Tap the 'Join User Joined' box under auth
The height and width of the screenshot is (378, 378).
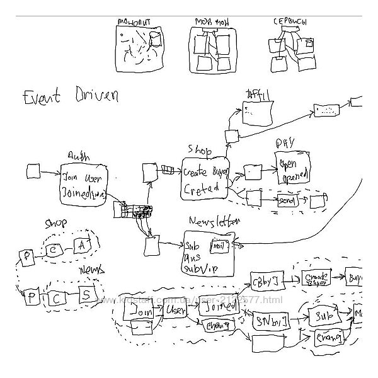(x=84, y=184)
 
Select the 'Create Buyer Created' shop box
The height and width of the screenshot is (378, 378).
(x=205, y=179)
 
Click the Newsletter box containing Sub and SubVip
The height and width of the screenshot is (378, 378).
(x=208, y=249)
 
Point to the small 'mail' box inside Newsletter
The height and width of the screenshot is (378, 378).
(x=219, y=246)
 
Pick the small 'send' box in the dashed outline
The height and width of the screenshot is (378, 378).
(x=287, y=200)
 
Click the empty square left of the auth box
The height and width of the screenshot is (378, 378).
(x=34, y=170)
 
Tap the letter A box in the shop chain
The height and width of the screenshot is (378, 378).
(x=81, y=244)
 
